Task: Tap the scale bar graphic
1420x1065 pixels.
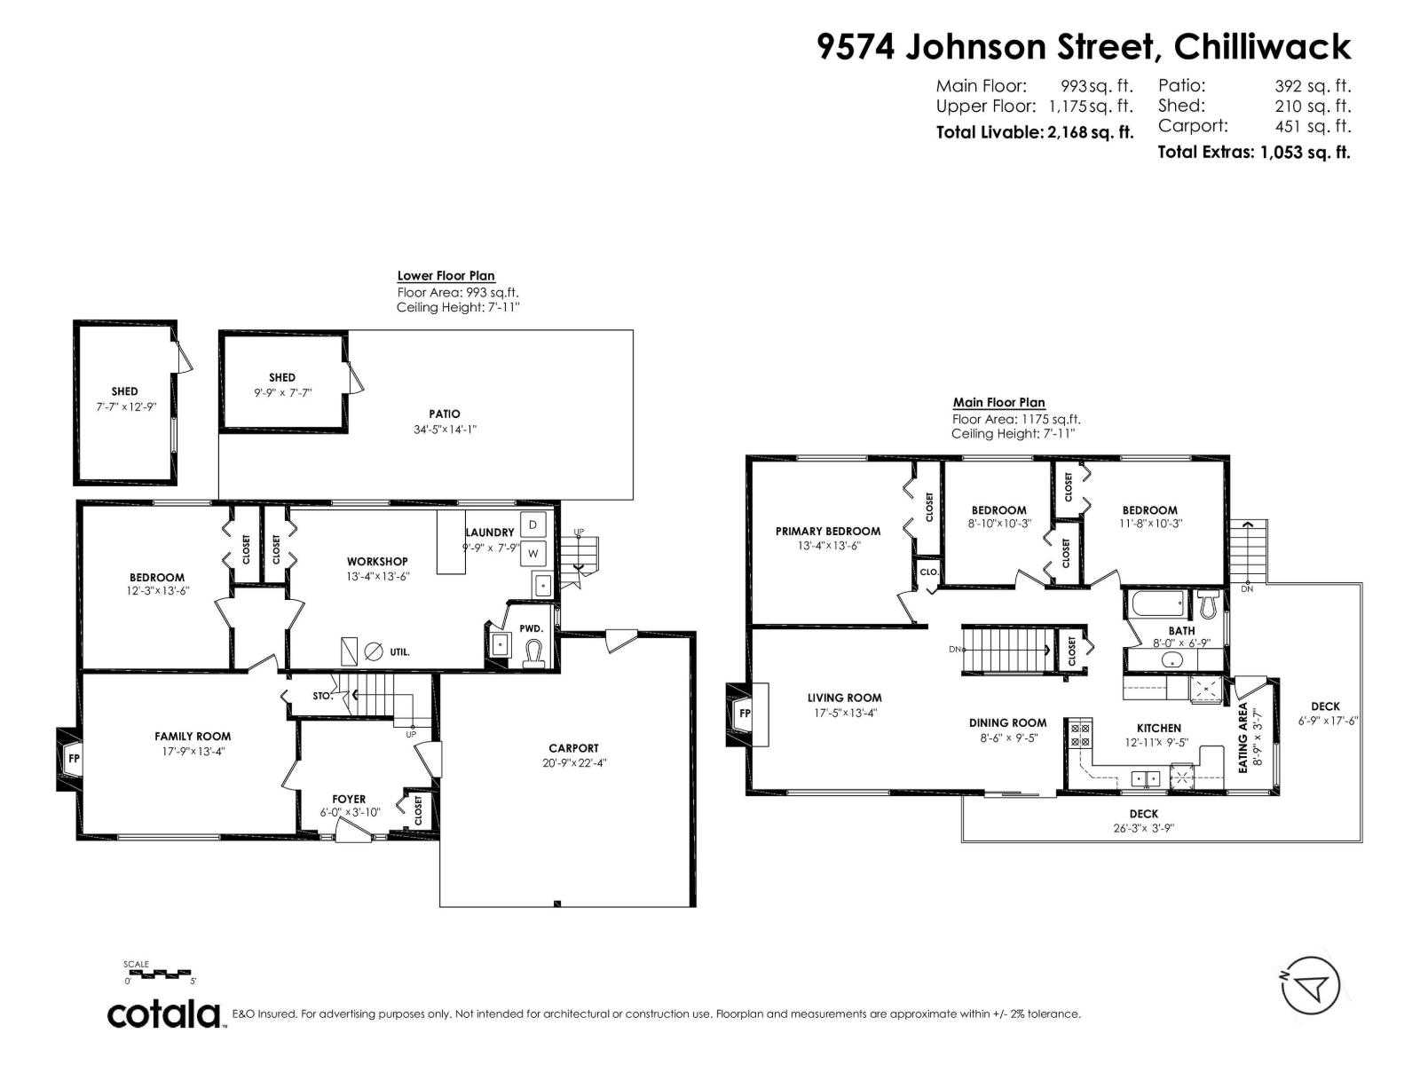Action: pos(161,973)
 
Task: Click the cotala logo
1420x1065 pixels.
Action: pos(165,1014)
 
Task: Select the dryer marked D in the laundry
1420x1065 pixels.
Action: pos(532,525)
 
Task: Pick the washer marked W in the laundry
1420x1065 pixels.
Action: pos(533,554)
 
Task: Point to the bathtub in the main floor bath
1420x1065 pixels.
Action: pos(1156,606)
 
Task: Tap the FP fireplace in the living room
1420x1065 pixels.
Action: pos(743,713)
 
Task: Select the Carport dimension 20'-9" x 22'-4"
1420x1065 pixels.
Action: pos(574,763)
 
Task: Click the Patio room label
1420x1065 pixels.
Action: pos(445,414)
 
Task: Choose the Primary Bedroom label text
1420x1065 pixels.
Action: pos(827,532)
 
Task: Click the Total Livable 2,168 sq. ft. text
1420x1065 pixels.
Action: pos(1035,133)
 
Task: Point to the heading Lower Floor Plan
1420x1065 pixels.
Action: pos(446,276)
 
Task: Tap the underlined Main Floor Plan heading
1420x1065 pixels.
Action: pos(998,403)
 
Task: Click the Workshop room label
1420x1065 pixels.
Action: pos(377,562)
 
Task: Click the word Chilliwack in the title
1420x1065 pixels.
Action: pos(1262,46)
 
